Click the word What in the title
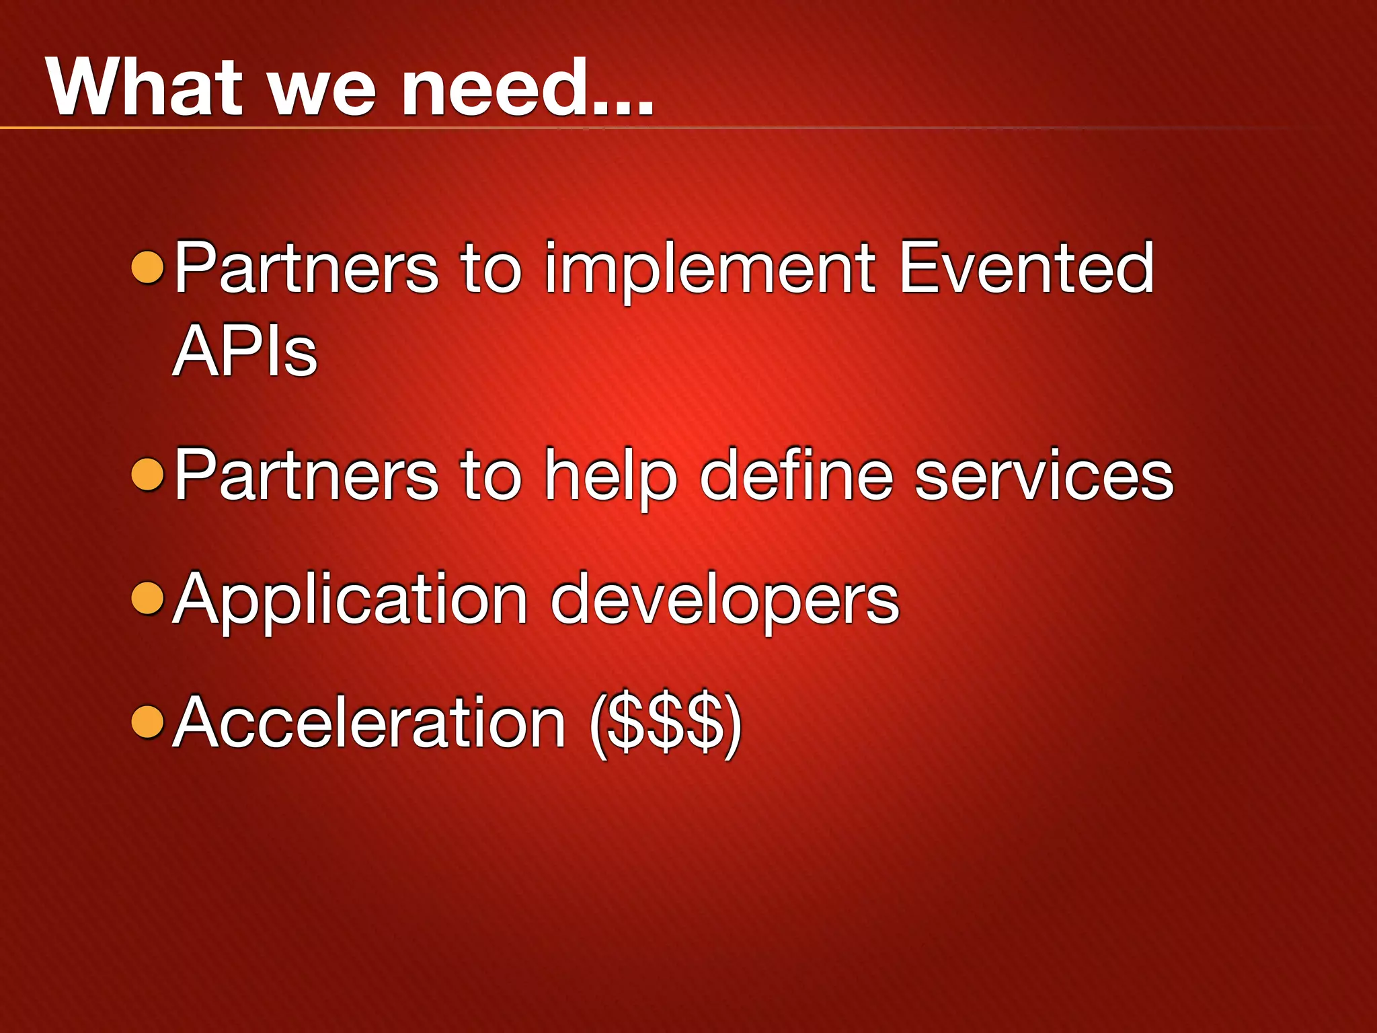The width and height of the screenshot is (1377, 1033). coord(144,87)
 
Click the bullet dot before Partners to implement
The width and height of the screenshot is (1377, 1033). coord(148,267)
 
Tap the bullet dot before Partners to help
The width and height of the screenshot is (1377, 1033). coord(148,474)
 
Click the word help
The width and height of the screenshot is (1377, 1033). coord(611,476)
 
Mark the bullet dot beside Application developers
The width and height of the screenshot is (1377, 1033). coord(148,598)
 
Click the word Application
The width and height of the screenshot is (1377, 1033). coord(350,601)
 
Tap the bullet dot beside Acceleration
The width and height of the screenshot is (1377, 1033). coord(148,722)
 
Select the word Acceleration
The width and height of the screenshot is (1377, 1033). coord(369,723)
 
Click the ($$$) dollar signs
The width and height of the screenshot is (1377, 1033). coord(665,724)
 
